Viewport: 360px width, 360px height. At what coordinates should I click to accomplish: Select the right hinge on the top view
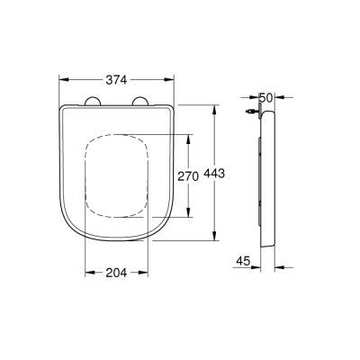(x=139, y=101)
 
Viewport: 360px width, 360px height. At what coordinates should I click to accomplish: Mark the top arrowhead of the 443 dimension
(x=214, y=107)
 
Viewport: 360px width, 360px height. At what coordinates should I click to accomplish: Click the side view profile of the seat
(x=265, y=180)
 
